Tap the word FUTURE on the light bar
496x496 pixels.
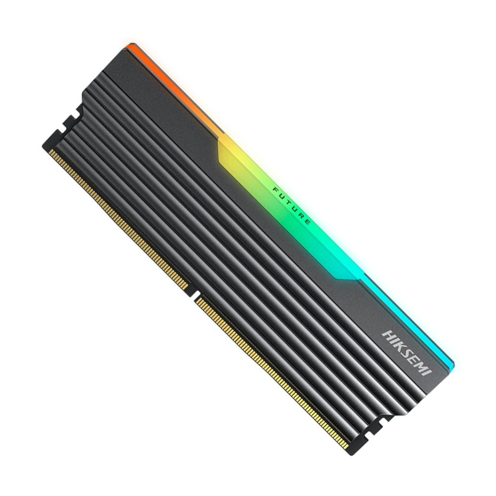click(x=292, y=205)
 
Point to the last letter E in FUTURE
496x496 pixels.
click(x=308, y=222)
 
